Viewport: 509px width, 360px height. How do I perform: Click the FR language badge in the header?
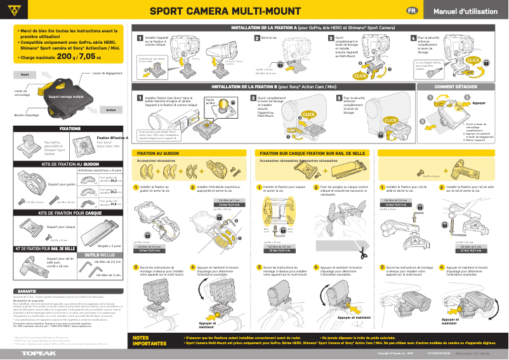point(412,12)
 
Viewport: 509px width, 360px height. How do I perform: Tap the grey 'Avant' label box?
point(25,74)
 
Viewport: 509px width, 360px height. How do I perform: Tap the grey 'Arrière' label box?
point(110,110)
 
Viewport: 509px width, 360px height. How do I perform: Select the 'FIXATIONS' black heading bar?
point(70,128)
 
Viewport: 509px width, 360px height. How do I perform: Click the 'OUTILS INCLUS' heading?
point(100,254)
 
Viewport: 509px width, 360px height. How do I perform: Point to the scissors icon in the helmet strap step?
point(362,253)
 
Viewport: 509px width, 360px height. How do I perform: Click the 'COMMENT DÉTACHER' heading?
point(456,86)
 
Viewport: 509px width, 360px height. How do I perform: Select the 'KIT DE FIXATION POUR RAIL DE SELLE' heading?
point(45,248)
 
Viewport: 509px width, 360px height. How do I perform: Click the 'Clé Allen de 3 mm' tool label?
point(108,275)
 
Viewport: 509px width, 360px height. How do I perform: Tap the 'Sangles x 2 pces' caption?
point(109,245)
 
